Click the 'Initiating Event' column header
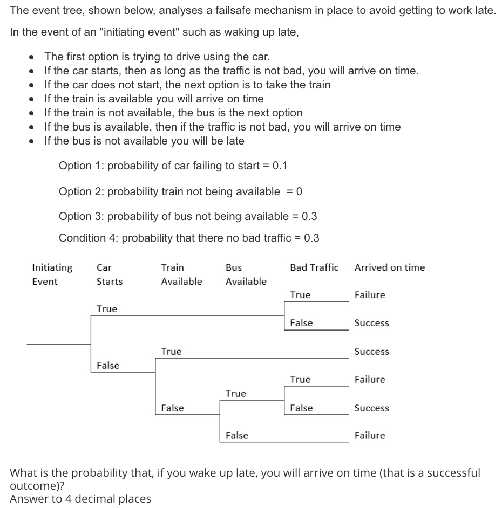point(52,274)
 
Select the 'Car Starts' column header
point(109,274)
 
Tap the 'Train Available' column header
point(181,274)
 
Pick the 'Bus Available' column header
point(246,274)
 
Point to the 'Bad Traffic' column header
point(314,267)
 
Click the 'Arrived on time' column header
point(389,267)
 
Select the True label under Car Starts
point(106,309)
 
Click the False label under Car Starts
point(108,366)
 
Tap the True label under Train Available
point(171,352)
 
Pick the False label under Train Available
point(172,408)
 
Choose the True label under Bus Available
point(235,394)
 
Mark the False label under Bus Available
point(236,436)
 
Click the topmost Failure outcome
point(370,295)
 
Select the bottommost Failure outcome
point(370,436)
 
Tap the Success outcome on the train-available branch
point(371,352)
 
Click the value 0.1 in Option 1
point(280,166)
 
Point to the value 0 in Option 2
point(299,191)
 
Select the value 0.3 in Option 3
point(309,216)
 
